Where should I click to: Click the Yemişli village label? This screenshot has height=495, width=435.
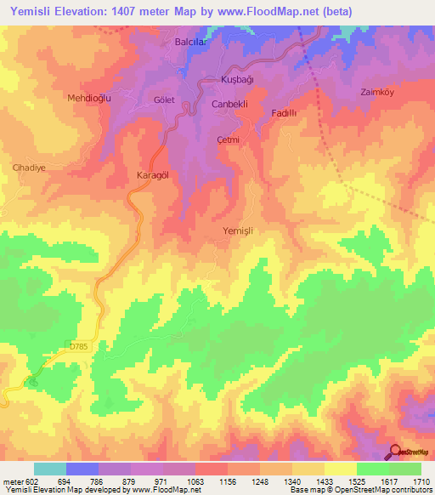pyautogui.click(x=238, y=230)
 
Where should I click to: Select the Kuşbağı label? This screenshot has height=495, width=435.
pyautogui.click(x=237, y=78)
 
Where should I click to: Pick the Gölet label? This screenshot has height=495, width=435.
pyautogui.click(x=163, y=100)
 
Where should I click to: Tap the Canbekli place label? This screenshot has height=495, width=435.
pyautogui.click(x=229, y=104)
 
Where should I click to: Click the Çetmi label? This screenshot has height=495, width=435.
pyautogui.click(x=229, y=139)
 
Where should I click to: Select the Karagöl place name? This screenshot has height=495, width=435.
pyautogui.click(x=154, y=174)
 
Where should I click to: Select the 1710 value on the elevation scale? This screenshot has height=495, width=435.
pyautogui.click(x=421, y=481)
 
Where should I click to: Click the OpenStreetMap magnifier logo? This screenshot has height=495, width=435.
pyautogui.click(x=395, y=451)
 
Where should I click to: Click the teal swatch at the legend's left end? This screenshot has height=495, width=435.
pyautogui.click(x=50, y=469)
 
